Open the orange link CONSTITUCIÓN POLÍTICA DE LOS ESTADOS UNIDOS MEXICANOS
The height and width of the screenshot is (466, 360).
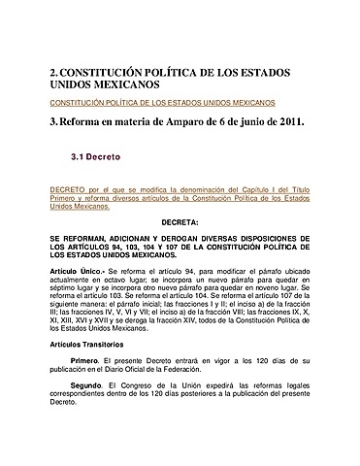click(x=162, y=102)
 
